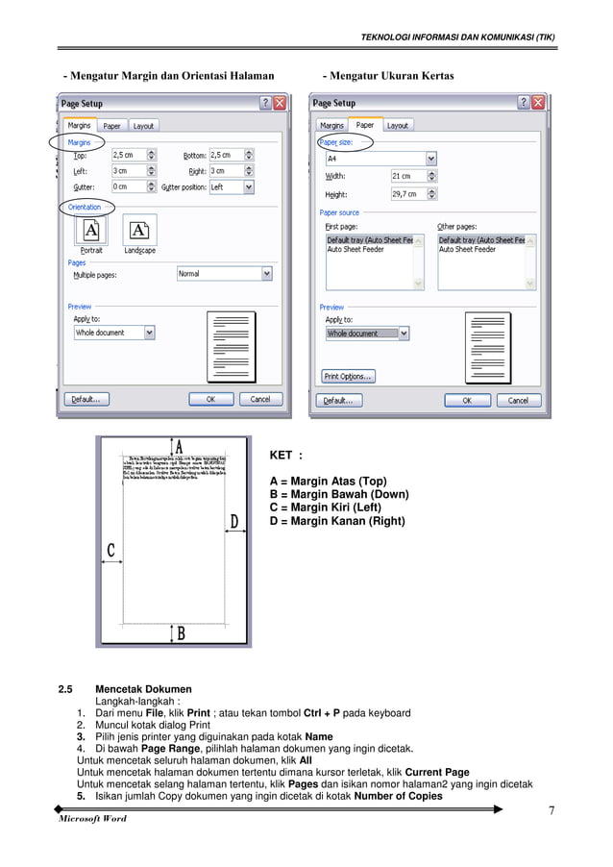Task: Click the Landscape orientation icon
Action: click(x=139, y=231)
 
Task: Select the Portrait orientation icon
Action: click(x=91, y=231)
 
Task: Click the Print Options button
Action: click(x=348, y=376)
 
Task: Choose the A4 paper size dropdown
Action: click(x=380, y=159)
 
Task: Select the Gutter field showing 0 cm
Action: click(x=134, y=187)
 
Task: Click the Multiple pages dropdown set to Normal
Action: click(x=225, y=274)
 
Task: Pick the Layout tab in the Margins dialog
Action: click(x=143, y=126)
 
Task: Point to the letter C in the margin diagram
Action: click(x=111, y=551)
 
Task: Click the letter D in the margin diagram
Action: click(x=233, y=522)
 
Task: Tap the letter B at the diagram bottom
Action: click(x=180, y=632)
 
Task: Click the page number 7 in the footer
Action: click(x=552, y=810)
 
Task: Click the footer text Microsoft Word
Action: click(x=92, y=819)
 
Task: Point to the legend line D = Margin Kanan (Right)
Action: click(x=337, y=522)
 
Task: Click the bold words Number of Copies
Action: click(x=398, y=796)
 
